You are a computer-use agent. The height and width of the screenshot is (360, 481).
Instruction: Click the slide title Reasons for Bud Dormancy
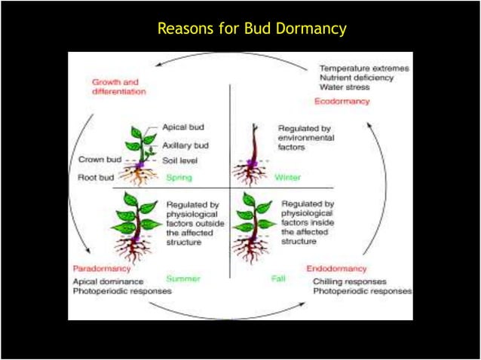click(x=251, y=29)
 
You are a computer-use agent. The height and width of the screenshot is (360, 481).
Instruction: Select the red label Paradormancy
click(x=102, y=268)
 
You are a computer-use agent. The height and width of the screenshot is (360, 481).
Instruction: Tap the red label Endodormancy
click(x=337, y=268)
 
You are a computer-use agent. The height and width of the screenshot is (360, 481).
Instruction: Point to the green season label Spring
click(x=179, y=178)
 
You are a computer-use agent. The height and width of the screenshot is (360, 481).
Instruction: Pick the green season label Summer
click(x=183, y=279)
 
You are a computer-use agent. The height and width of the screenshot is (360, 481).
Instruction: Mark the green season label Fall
click(x=278, y=279)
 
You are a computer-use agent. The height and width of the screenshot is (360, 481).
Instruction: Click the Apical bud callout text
click(x=183, y=127)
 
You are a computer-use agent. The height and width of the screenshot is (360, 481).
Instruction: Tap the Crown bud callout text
click(x=96, y=159)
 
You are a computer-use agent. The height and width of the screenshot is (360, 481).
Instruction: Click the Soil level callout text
click(x=182, y=160)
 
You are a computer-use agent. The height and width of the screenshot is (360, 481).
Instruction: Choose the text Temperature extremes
click(x=365, y=68)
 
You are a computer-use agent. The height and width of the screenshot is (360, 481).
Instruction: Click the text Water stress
click(x=345, y=87)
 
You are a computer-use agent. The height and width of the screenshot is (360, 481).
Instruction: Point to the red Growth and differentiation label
click(x=118, y=86)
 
